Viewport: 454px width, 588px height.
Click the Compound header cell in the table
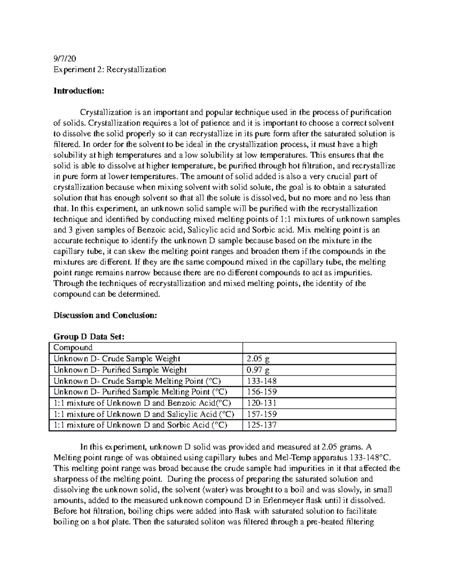pos(73,348)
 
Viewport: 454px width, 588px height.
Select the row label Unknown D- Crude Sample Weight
pos(117,359)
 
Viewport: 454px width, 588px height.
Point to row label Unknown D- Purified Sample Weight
pos(120,370)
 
